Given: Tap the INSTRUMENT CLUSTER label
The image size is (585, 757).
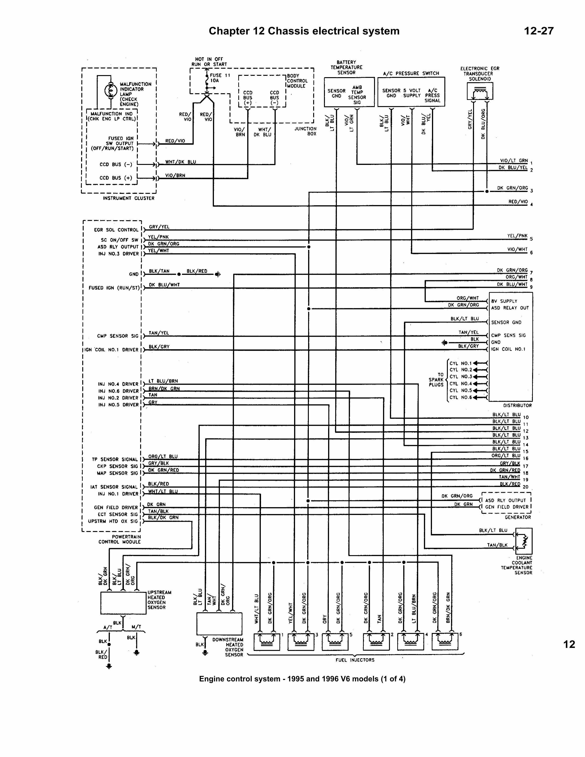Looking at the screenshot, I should point(128,198).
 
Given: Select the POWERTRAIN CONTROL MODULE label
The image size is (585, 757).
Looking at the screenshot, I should point(120,539).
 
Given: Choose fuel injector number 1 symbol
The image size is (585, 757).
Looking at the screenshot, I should point(267,641).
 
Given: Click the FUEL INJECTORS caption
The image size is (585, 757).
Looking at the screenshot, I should point(355,660).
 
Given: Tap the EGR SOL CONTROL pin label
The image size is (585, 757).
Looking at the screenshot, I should point(116,230).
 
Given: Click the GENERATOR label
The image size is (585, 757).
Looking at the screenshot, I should point(518,517).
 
